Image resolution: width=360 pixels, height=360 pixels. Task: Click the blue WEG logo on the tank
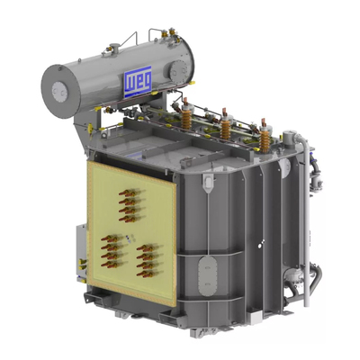(138, 82)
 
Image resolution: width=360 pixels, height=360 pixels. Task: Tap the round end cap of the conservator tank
(60, 91)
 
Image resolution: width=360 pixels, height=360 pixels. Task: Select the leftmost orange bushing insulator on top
(186, 114)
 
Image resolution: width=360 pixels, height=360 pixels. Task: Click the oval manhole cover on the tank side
(206, 275)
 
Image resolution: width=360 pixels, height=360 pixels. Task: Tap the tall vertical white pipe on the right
(305, 222)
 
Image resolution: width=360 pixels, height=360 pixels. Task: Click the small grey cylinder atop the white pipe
(289, 139)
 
